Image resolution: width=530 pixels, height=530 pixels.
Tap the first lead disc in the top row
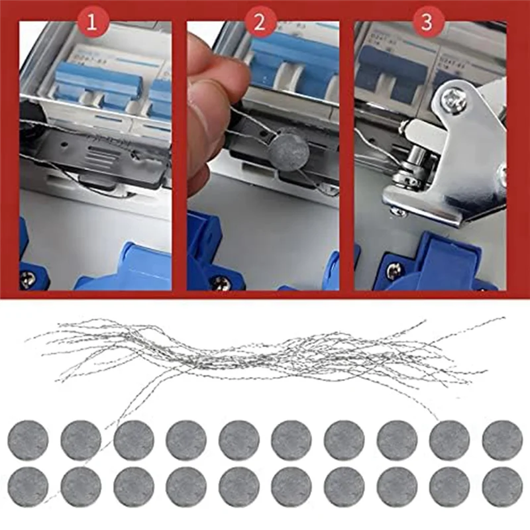coord(28,441)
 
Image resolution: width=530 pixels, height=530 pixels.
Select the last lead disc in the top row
coord(502,441)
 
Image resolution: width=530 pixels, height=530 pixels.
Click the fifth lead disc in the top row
coord(238,441)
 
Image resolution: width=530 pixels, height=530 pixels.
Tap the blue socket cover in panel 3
coord(457,265)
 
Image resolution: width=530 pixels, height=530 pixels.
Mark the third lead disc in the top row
coord(133,441)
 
